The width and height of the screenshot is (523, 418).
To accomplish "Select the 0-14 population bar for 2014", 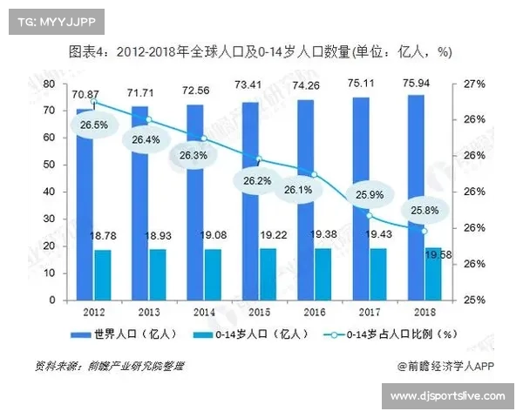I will [x=213, y=274].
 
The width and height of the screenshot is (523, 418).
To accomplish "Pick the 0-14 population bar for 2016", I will [x=323, y=274].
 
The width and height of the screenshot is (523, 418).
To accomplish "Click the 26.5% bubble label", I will [x=93, y=125].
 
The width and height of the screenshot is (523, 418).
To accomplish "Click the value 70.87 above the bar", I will [x=85, y=93].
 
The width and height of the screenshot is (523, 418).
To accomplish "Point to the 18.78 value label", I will [x=104, y=236].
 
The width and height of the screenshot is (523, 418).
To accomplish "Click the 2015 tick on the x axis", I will [x=259, y=310].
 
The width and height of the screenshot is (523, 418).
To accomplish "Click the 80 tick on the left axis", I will [x=50, y=84].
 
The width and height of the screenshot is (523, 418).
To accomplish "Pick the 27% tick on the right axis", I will [x=472, y=84].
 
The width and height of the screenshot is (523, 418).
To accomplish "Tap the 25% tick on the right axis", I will [x=472, y=300].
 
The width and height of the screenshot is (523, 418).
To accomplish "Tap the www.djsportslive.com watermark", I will [x=447, y=397].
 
